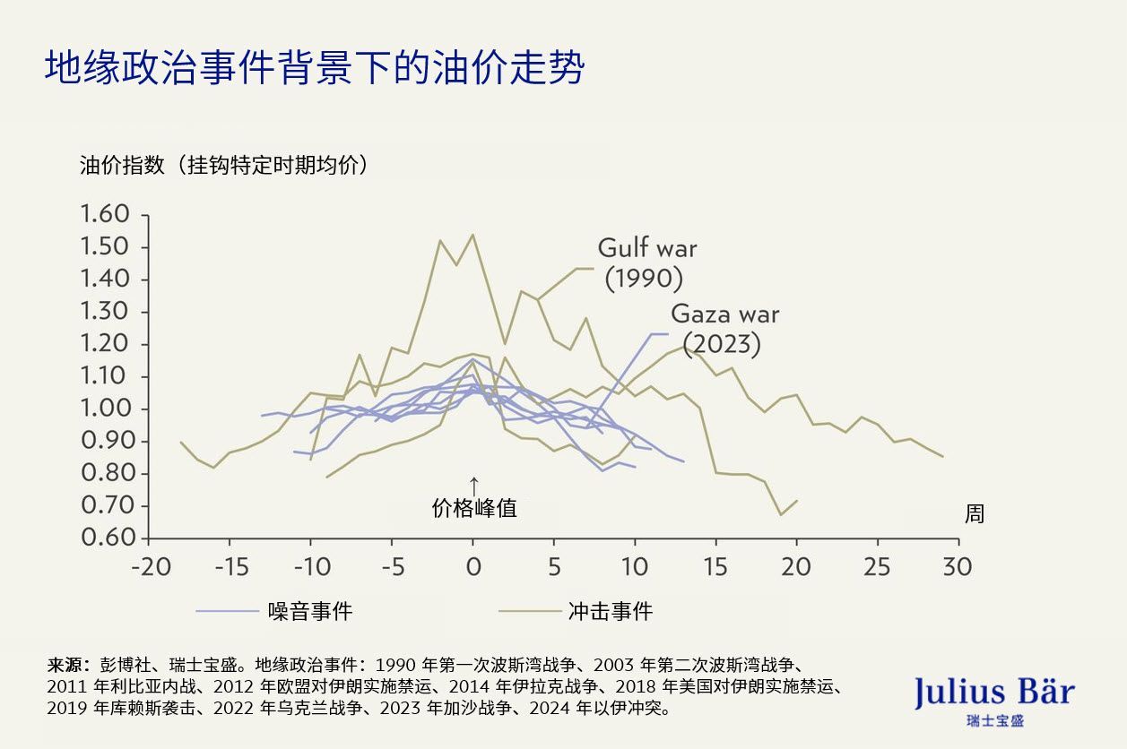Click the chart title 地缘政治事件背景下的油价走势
[x=315, y=68]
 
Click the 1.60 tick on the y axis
[x=106, y=215]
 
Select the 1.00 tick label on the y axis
[x=106, y=409]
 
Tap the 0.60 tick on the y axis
[x=106, y=538]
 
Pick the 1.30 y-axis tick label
[x=106, y=312]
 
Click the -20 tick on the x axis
[x=149, y=567]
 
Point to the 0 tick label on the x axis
[x=473, y=567]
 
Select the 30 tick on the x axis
[x=958, y=567]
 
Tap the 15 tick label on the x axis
[x=715, y=567]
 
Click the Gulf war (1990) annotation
[x=646, y=263]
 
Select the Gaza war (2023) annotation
[x=724, y=329]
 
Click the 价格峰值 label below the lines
[x=474, y=508]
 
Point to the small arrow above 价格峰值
[x=474, y=484]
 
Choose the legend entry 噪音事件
[x=310, y=612]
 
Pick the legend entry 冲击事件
[x=610, y=612]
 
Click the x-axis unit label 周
[x=974, y=514]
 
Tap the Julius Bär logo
[x=993, y=696]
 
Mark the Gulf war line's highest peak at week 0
[x=472, y=235]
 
